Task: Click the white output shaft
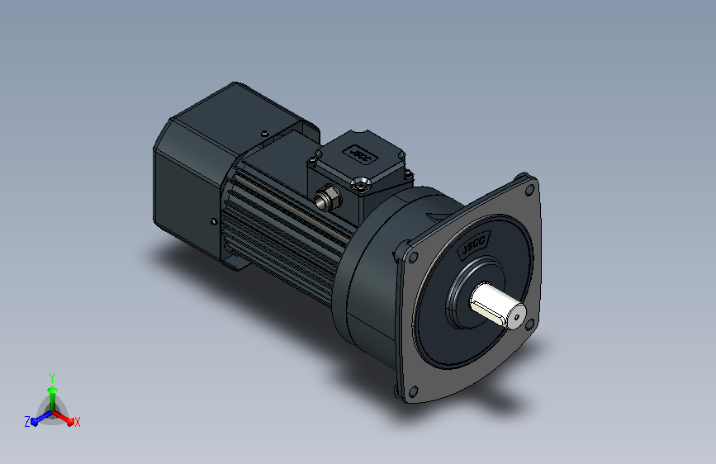[x=497, y=305]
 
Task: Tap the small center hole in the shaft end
[x=517, y=317]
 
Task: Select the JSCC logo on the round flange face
[x=473, y=244]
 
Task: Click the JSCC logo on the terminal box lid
[x=360, y=154]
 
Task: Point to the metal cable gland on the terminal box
[x=327, y=198]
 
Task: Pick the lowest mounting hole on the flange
[x=413, y=391]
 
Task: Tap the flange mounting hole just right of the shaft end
[x=529, y=324]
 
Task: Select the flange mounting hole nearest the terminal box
[x=413, y=258]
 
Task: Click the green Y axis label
[x=52, y=377]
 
